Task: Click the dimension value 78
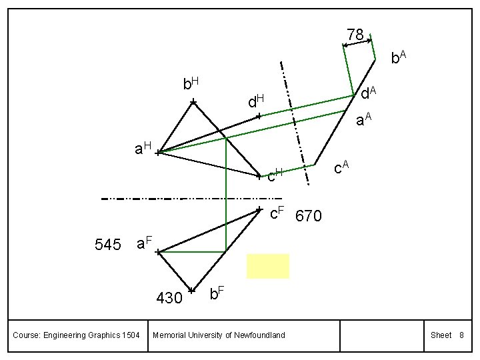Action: click(355, 34)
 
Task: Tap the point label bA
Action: click(399, 58)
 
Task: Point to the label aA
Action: click(363, 120)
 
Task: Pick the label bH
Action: click(191, 83)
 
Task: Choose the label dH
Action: click(256, 101)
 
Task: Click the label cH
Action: click(275, 176)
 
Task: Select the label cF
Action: click(277, 213)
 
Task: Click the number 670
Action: click(308, 217)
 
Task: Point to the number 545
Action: click(108, 245)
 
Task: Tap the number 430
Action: click(169, 298)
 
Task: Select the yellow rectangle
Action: click(268, 265)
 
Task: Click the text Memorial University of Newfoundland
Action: click(219, 335)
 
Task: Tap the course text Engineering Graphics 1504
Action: click(76, 335)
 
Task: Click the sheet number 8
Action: click(461, 335)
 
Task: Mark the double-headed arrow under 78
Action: click(357, 43)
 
